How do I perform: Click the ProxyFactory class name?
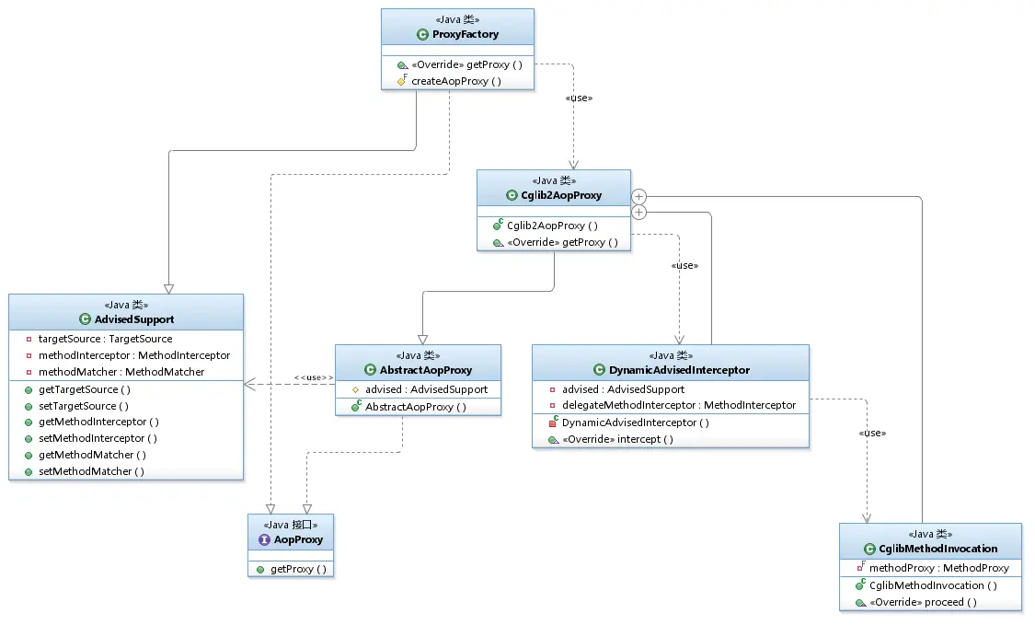tap(466, 34)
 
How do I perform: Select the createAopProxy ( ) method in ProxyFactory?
tap(456, 81)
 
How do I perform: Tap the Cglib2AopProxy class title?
tap(561, 195)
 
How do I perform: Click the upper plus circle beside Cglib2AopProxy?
tap(638, 197)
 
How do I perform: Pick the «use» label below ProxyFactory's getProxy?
tap(579, 98)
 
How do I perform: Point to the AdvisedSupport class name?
tap(134, 319)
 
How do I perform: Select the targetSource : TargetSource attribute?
tap(105, 339)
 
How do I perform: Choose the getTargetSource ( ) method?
tap(85, 389)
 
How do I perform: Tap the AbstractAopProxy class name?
tap(426, 371)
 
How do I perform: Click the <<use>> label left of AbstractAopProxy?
tap(314, 378)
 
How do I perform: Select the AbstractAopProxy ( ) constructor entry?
tap(416, 407)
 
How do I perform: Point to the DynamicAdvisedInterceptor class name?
tap(679, 371)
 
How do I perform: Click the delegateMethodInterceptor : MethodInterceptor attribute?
tap(679, 405)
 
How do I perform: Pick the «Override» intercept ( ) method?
tap(617, 439)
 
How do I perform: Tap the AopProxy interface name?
tap(298, 539)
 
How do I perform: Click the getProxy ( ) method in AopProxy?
tap(298, 570)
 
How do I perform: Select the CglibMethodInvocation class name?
tap(938, 549)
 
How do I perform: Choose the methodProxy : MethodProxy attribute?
tap(938, 568)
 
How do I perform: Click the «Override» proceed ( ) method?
tap(923, 603)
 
